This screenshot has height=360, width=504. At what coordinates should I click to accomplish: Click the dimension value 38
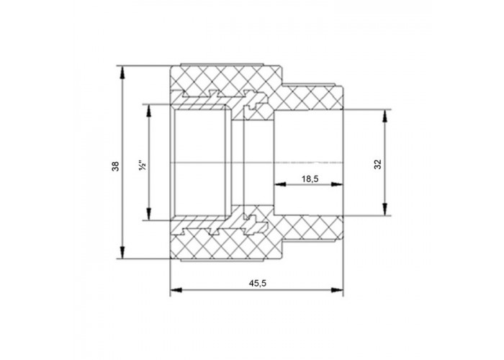pyautogui.click(x=115, y=166)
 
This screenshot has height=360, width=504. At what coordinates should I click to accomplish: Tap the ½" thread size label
pyautogui.click(x=143, y=165)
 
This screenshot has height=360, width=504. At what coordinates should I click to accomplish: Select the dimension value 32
pyautogui.click(x=378, y=164)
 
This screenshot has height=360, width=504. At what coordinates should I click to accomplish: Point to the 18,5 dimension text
pyautogui.click(x=310, y=179)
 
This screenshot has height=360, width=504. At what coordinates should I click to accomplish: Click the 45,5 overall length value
pyautogui.click(x=258, y=283)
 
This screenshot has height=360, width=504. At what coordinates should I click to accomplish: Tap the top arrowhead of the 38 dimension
pyautogui.click(x=122, y=72)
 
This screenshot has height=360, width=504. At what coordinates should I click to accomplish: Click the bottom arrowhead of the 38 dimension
pyautogui.click(x=122, y=252)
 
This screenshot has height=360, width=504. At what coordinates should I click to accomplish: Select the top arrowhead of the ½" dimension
pyautogui.click(x=149, y=110)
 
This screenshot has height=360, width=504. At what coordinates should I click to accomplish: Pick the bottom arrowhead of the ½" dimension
pyautogui.click(x=149, y=214)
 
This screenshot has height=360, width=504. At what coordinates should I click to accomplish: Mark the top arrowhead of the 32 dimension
pyautogui.click(x=384, y=115)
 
